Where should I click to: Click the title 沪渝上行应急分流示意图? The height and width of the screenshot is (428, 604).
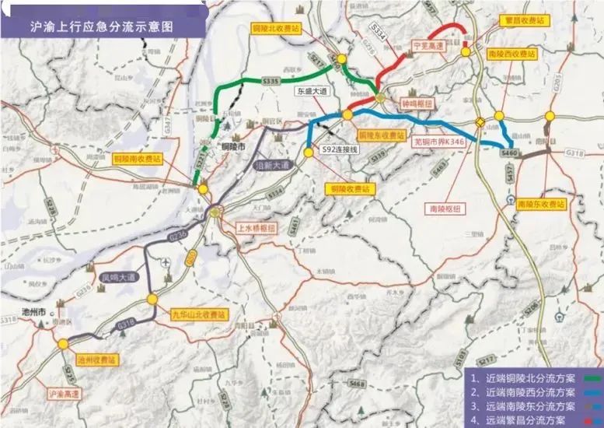(x=101, y=26)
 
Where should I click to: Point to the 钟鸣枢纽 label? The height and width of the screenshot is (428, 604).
(x=417, y=102)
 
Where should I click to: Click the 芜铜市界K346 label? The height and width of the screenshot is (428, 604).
(x=438, y=141)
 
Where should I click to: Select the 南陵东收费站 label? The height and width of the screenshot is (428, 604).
(x=543, y=203)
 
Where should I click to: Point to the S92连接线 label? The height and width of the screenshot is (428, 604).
(x=340, y=149)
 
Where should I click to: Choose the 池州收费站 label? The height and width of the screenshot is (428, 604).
(x=96, y=360)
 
